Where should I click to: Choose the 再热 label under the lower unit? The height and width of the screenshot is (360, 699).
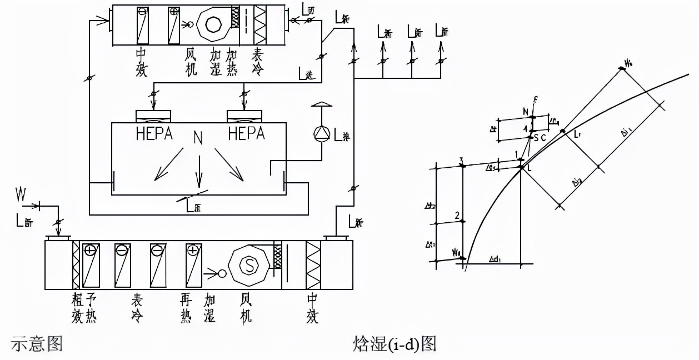pos(186,308)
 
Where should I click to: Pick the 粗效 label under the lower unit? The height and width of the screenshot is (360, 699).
pos(77,308)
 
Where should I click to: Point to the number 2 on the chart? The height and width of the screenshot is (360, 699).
pos(457,216)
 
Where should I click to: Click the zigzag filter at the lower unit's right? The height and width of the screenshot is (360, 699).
pos(313,266)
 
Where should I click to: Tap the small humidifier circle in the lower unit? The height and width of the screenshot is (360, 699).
pos(222,273)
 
